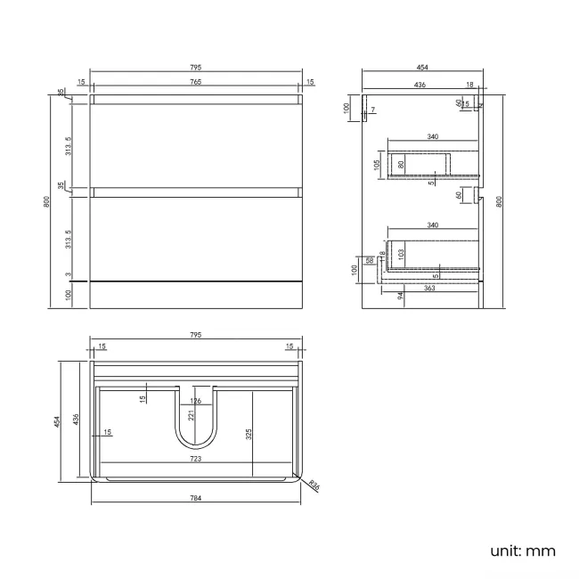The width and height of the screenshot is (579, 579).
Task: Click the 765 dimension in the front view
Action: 195,82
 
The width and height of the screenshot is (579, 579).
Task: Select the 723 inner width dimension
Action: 195,459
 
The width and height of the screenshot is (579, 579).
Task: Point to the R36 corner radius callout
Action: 314,485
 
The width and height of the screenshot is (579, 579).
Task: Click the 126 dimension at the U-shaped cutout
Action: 196,401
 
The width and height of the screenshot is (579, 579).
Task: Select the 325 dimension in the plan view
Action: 249,434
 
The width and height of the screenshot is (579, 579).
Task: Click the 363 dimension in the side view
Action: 429,288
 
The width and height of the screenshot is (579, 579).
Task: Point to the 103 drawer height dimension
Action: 401,254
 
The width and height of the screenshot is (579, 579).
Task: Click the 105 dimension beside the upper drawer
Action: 377,164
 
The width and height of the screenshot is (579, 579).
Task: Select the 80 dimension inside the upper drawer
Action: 401,164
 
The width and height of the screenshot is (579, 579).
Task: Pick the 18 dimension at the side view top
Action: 469,85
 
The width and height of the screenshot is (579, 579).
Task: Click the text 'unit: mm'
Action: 522,550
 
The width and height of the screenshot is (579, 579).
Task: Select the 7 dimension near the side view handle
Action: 374,110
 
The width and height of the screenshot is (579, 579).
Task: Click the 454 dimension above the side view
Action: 421,68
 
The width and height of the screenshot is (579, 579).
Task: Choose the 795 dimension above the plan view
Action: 195,335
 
